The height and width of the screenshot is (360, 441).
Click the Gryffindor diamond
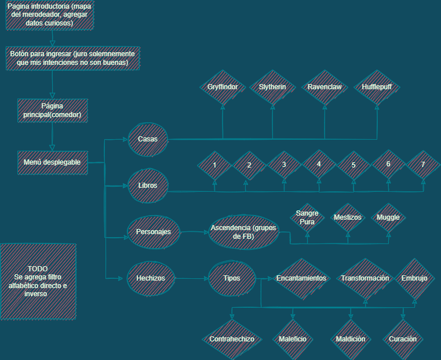click(223, 87)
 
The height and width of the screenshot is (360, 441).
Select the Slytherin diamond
click(273, 87)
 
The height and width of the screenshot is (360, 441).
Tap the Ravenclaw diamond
click(325, 87)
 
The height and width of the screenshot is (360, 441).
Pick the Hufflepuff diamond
click(377, 87)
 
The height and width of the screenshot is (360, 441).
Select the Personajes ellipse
click(153, 232)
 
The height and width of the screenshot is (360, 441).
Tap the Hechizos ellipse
click(151, 278)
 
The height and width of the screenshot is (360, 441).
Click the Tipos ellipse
click(231, 278)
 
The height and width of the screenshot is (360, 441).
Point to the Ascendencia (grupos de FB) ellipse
click(243, 232)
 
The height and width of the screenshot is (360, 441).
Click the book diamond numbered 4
click(319, 165)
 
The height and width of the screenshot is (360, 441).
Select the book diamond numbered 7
click(423, 165)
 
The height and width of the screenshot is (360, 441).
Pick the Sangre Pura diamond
click(307, 217)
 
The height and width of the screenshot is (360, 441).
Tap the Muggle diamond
click(388, 217)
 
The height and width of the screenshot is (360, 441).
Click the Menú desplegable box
click(53, 162)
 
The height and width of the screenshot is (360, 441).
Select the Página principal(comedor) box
click(53, 110)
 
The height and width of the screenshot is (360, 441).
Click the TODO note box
click(38, 281)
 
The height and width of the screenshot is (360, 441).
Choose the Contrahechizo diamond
click(232, 339)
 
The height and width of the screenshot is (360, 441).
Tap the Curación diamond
click(403, 339)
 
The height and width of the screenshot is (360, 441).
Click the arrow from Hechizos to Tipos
click(191, 279)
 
